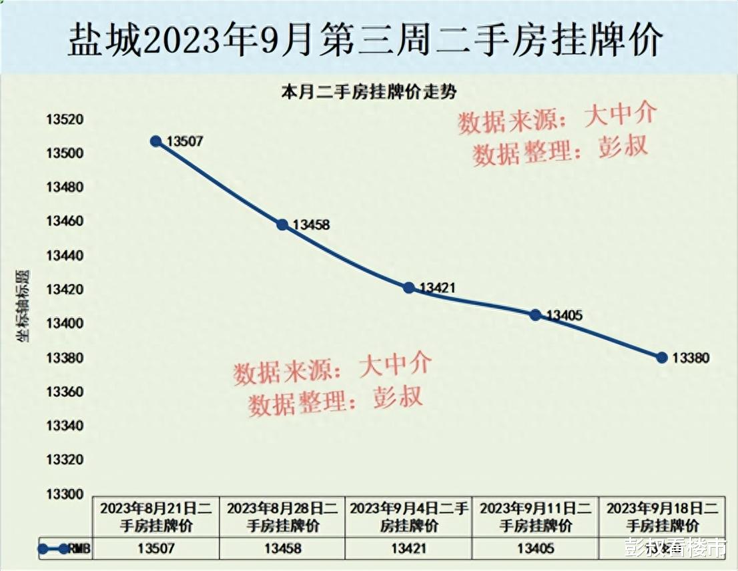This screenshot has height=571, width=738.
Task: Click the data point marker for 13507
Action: [x=155, y=141]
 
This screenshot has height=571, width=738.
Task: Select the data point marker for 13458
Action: [x=282, y=225]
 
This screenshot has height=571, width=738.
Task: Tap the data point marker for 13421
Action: [x=408, y=288]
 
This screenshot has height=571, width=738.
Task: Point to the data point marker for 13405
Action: [x=535, y=315]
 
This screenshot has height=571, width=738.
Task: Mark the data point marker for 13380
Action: [x=662, y=358]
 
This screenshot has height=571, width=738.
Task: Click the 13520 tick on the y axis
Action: [x=63, y=120]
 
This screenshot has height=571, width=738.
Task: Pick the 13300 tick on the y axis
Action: [x=63, y=494]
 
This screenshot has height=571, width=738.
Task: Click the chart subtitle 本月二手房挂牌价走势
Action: [x=368, y=93]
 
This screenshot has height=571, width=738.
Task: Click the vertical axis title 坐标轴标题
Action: [x=23, y=307]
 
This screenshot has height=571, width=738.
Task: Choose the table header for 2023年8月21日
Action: [x=155, y=516]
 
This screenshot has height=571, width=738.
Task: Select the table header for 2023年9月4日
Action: [x=409, y=516]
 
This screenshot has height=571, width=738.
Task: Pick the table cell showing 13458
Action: [x=282, y=549]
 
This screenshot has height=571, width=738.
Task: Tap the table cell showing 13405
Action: [x=535, y=549]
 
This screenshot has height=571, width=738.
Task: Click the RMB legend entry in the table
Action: [x=64, y=549]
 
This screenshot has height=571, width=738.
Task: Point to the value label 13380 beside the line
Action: [x=690, y=358]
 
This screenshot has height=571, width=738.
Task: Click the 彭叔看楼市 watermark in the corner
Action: [x=675, y=548]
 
